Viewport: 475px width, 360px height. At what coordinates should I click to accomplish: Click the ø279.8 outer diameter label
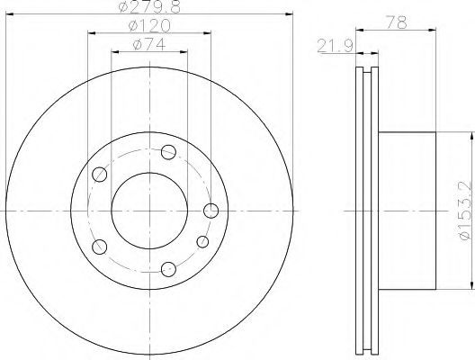149,6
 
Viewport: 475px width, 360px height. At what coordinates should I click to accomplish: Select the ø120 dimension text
149,25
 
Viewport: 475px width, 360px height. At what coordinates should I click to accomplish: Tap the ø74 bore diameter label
149,44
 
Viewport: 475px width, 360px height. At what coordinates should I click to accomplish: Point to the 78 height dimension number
396,22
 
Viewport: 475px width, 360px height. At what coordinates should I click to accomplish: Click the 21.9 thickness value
336,46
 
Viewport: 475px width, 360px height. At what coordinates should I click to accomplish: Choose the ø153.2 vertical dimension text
467,211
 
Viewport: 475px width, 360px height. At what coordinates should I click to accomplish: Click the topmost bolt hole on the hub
169,152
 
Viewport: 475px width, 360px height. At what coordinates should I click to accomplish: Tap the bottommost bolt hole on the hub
169,269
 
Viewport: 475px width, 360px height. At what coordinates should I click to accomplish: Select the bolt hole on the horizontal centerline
211,211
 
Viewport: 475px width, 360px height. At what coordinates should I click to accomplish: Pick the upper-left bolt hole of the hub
99,175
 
